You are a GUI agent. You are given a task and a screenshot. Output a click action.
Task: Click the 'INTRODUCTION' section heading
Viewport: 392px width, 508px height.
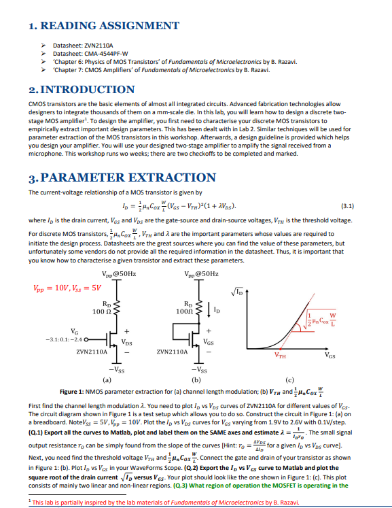click(81, 90)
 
